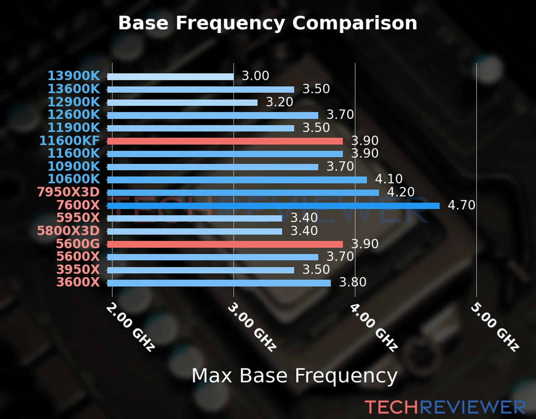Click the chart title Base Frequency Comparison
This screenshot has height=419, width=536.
268,23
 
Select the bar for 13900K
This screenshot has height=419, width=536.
170,77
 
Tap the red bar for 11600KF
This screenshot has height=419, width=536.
225,141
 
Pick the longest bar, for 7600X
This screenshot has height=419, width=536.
273,206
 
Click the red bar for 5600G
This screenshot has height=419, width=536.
225,244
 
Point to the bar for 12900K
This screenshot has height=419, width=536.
182,103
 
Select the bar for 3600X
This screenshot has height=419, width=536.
219,283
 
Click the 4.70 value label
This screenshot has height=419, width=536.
461,205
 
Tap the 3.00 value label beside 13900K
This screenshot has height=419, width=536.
255,76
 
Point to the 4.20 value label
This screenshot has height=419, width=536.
401,192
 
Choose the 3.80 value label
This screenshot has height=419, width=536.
352,282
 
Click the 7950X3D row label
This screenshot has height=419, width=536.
68,192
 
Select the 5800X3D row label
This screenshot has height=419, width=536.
68,231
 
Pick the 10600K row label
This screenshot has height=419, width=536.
74,179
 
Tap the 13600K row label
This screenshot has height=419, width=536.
74,89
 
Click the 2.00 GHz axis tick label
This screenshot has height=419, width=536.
131,327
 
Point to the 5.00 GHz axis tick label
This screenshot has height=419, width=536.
495,327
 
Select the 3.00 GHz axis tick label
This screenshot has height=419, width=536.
252,327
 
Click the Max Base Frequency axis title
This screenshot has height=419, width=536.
295,376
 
